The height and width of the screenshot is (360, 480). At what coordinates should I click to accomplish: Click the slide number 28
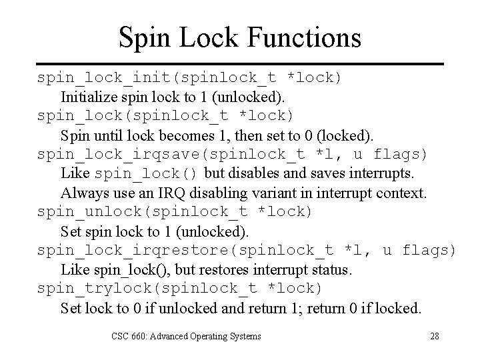coord(434,336)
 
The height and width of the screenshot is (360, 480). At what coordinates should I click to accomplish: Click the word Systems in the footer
coord(243,336)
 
